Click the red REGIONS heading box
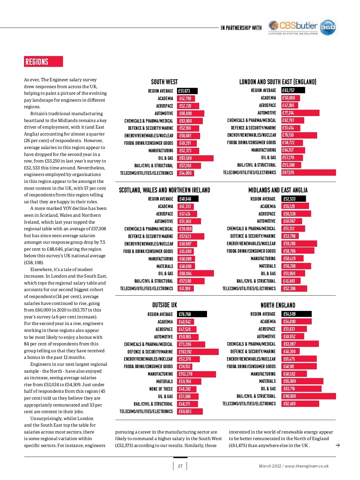pos(43,61)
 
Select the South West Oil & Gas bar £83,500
pos(195,158)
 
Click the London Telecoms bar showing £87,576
pos(308,173)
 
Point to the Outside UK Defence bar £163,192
pos(198,352)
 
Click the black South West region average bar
pos(187,91)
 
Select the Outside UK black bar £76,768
pos(192,314)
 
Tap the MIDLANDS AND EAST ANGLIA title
pos(278,190)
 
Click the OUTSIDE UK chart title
pos(164,305)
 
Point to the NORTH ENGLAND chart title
pos(278,305)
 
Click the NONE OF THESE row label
pos(161,389)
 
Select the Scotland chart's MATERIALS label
pos(165,266)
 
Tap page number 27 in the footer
pos(180,466)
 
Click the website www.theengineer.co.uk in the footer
pos(307,466)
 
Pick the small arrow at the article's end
pos(338,445)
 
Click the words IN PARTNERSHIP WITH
pos(241,28)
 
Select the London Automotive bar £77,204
pos(300,113)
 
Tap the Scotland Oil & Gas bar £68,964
pos(195,273)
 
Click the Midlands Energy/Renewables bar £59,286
pos(299,243)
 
